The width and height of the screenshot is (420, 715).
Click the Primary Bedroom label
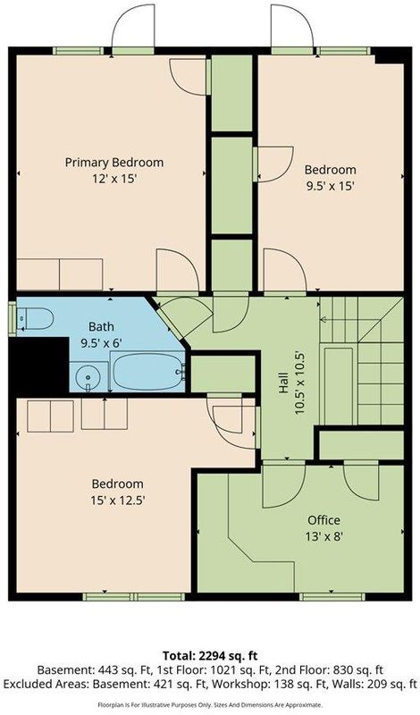[x=114, y=163]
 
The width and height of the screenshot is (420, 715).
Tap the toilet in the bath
[x=35, y=318]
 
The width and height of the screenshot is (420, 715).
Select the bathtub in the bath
[x=147, y=371]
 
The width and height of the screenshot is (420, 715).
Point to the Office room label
[x=323, y=520]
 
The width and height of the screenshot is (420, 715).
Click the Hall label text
[x=283, y=383]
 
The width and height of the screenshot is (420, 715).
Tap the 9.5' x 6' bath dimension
[x=101, y=343]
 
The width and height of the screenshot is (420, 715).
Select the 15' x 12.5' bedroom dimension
[x=118, y=500]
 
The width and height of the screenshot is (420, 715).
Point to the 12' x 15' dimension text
[x=114, y=179]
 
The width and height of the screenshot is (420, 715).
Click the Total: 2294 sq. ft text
[x=210, y=656]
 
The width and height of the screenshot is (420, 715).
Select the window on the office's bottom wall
[x=332, y=596]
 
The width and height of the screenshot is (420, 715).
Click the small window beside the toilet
[x=13, y=319]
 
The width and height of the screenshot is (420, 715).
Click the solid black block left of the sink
[x=38, y=366]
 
